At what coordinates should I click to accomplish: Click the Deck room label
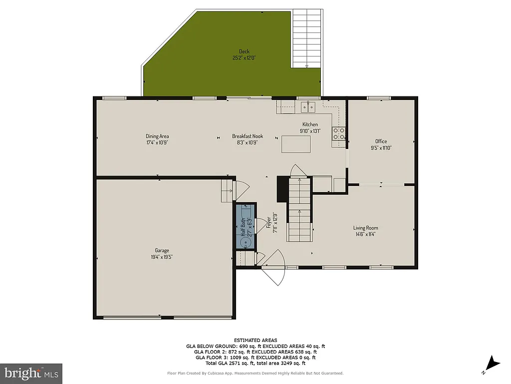point(244,51)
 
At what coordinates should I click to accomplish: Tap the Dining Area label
point(157,136)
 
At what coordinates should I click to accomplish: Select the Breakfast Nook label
point(247,136)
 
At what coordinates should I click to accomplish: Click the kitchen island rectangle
point(295,144)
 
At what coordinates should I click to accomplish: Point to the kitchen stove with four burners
point(339,133)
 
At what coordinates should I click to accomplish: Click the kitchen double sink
point(308,106)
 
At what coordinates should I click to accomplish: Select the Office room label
point(381,141)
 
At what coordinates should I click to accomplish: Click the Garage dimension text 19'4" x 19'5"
point(161,257)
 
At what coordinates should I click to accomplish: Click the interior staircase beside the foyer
point(299,210)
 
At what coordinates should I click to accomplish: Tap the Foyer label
point(268,222)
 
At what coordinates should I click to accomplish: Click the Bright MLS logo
point(31,373)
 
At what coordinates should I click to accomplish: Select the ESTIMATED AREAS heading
point(255,340)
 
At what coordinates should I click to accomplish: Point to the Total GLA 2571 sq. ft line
point(255,363)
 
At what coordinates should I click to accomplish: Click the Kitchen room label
point(310,124)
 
